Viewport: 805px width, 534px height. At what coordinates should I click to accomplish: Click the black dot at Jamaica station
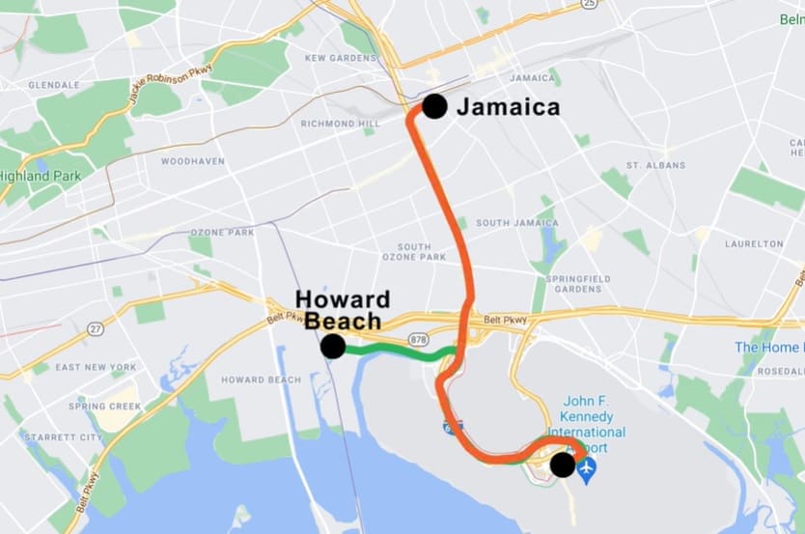(x=434, y=106)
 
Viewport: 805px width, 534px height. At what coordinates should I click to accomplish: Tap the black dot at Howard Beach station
(x=333, y=347)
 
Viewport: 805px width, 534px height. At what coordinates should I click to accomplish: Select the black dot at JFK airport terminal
(x=562, y=466)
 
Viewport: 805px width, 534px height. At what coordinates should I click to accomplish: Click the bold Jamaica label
(x=508, y=107)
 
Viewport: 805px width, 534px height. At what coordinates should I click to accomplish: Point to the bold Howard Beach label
(x=343, y=309)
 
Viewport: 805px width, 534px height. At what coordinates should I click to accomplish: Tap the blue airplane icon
(x=587, y=467)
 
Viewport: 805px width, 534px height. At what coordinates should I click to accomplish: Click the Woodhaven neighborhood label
(x=193, y=161)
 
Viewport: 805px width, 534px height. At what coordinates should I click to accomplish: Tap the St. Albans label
(x=655, y=165)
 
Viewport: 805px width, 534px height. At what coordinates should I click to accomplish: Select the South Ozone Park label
(x=414, y=252)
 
